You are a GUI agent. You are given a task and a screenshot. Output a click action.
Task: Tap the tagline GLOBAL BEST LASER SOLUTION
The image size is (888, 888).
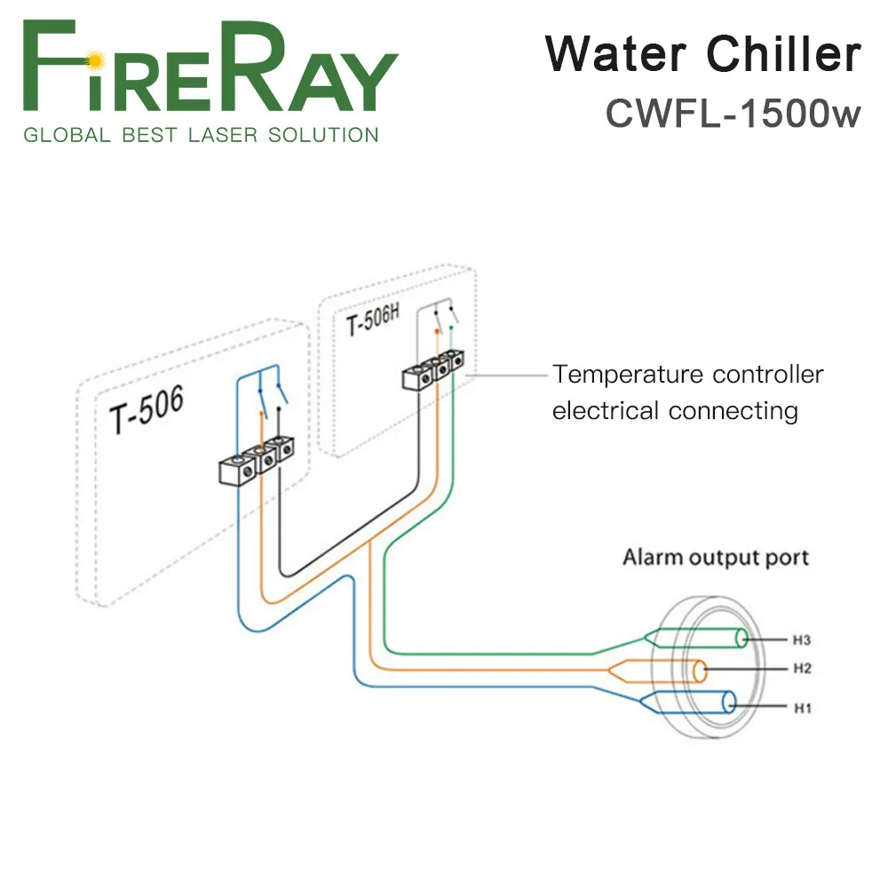(201, 136)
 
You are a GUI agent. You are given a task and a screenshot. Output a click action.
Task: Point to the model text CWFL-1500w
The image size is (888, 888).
(733, 113)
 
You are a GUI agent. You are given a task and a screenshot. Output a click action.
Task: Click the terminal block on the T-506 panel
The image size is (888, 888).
(255, 459)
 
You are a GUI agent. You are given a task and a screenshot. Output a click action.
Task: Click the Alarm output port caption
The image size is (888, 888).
(716, 558)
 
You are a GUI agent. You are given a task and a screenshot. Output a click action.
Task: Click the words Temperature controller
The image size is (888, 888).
(688, 375)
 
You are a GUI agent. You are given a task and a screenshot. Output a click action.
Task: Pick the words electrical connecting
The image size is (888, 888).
(675, 411)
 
